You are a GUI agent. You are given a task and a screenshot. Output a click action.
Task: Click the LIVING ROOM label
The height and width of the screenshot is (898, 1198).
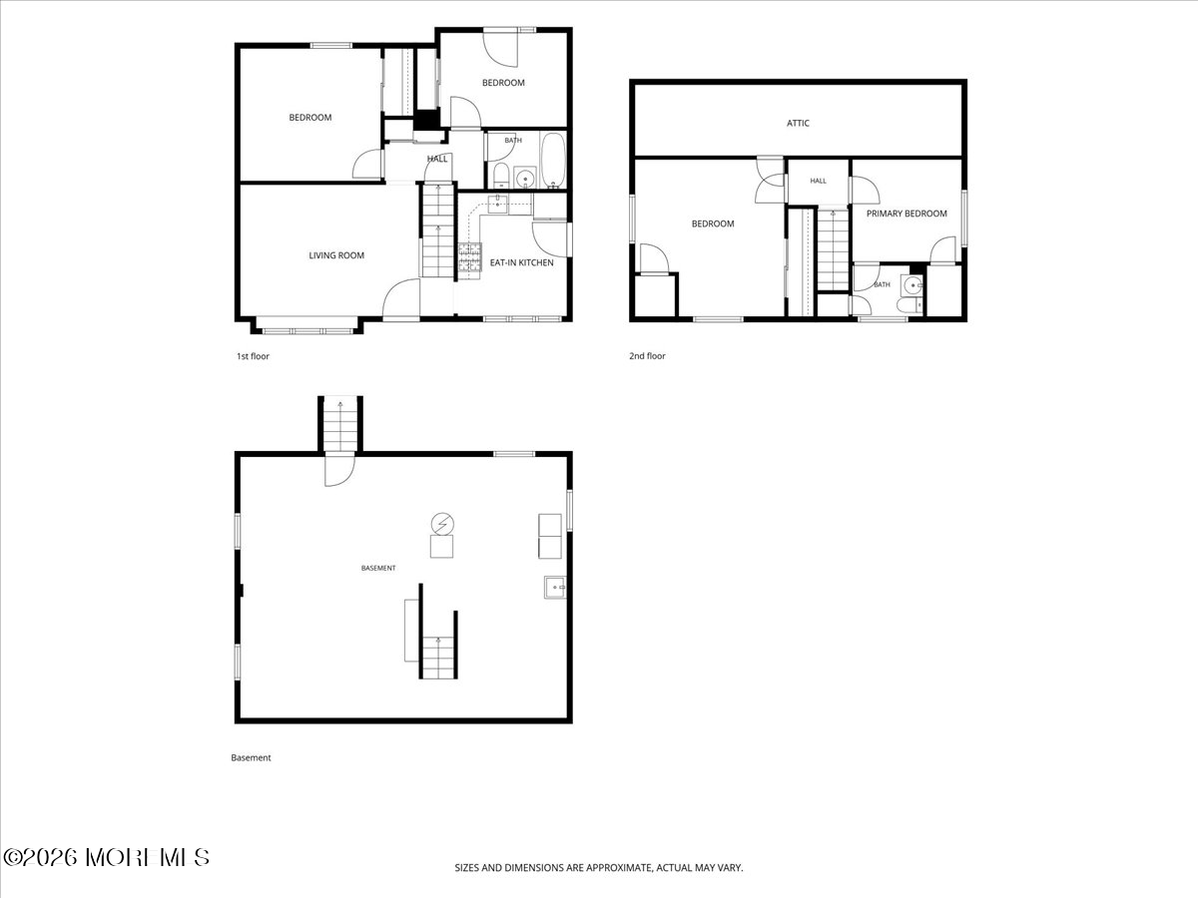pos(336,255)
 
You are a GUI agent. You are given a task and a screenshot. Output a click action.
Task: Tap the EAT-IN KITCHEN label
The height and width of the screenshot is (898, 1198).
pos(521,262)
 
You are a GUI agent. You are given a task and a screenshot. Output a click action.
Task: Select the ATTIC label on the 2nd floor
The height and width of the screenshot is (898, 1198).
pos(798,123)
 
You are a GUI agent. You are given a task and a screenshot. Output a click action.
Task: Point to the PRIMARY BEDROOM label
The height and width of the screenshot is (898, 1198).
pos(906,214)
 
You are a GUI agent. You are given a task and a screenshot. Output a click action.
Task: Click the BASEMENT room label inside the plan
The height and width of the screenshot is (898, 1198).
pos(378,568)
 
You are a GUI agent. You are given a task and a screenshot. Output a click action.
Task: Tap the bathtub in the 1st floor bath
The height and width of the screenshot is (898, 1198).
pos(552,161)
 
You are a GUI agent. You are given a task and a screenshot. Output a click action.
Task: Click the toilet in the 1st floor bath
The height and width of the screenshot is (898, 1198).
pos(500,176)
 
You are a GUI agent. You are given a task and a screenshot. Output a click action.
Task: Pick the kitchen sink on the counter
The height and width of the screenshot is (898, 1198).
pos(497,205)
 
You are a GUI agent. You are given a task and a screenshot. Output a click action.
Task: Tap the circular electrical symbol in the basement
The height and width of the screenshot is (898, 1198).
pos(442,525)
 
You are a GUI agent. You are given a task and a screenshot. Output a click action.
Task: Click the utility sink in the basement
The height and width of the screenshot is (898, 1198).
pos(554,588)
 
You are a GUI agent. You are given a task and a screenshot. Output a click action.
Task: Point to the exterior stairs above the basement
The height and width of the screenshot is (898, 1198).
pos(340,425)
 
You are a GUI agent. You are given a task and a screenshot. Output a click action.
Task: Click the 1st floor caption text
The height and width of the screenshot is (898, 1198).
pos(253,356)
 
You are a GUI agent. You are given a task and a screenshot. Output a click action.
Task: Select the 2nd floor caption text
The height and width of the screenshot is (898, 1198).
pos(647,356)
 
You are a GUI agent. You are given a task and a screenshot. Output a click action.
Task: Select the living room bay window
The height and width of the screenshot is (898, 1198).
pos(306,330)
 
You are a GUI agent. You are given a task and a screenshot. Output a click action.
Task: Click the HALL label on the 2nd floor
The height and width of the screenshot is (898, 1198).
pos(818,181)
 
